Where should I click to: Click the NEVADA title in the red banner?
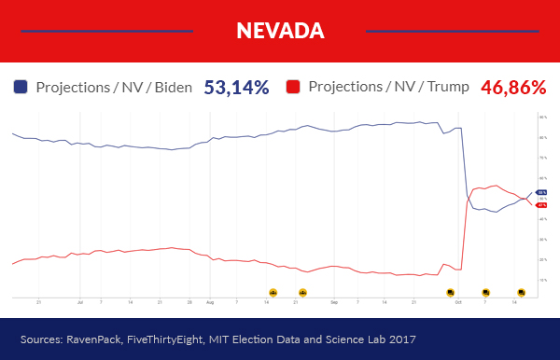(280, 31)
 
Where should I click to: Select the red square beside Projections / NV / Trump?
(293, 88)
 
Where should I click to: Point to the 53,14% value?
(236, 88)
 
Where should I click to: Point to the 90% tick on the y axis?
(543, 118)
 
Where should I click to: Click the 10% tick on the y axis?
(543, 280)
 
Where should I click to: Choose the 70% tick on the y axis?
(543, 159)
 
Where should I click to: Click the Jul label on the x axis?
(80, 302)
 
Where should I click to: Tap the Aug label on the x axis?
(210, 302)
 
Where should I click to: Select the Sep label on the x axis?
(334, 302)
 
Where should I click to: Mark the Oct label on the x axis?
(457, 302)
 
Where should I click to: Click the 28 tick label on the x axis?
(189, 302)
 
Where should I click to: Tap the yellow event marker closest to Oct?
(450, 292)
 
